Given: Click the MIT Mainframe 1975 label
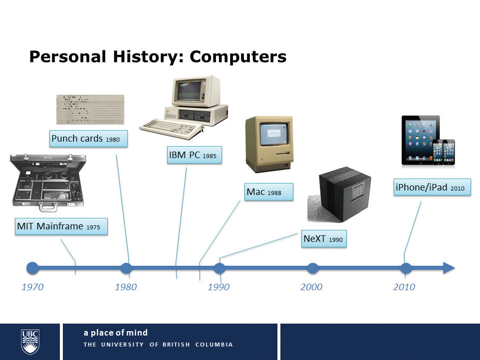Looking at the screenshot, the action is coord(61,226).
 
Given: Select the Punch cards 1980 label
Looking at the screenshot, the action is coord(88,139).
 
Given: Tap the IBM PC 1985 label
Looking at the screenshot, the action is coord(195,155).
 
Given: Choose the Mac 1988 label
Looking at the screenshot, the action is coord(269,192).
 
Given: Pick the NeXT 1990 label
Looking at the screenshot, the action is coord(324,238).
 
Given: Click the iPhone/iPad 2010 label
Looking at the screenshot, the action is coord(432,187).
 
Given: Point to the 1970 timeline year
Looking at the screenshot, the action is coord(32,287).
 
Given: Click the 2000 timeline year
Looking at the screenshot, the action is coord(311,287).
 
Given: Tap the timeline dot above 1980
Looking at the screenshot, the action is coord(126,268).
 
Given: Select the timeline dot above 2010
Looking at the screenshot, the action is coord(406,268).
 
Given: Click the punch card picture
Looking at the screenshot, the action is coord(90,110).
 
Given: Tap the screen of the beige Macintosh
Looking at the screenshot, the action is coord(274,134).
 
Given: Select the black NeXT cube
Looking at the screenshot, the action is coord(345,194).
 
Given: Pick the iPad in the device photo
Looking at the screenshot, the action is coord(420,140).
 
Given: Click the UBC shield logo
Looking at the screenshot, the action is coord(30,342).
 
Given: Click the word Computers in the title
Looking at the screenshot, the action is coord(238,57).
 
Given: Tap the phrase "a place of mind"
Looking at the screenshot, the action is coord(116,333).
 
